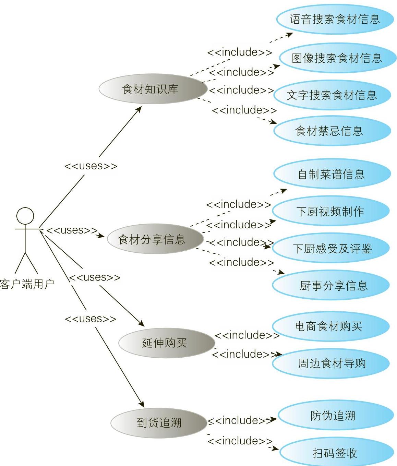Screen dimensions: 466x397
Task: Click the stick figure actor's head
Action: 25,216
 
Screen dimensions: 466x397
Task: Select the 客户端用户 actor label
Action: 27,284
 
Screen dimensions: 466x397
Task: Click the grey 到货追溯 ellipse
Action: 159,422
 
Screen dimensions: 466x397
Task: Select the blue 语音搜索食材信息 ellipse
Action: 335,19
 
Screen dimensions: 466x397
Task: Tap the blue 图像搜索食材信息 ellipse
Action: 336,58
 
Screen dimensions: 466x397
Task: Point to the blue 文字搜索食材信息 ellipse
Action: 332,95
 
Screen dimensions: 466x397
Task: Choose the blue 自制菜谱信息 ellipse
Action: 332,174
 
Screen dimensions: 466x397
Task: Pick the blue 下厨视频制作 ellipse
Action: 331,211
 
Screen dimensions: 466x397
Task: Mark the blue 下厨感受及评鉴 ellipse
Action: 331,248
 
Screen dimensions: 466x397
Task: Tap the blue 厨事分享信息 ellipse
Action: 331,285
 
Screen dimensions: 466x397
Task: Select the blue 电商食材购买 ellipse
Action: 330,326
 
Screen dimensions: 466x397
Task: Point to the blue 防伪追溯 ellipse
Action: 335,416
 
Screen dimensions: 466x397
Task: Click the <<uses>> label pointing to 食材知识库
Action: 91,166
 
